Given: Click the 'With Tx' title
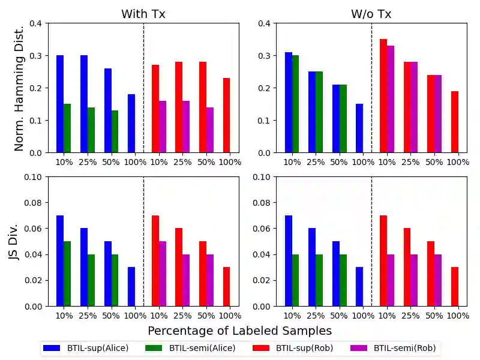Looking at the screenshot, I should click(x=143, y=14).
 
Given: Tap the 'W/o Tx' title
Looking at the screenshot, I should click(x=371, y=14).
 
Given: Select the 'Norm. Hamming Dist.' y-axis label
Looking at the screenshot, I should click(x=19, y=88).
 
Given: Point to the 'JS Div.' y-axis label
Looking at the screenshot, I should click(x=19, y=242).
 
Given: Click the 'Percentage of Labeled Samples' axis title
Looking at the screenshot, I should click(x=239, y=331).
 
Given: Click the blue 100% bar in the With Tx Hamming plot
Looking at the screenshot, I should click(x=131, y=123).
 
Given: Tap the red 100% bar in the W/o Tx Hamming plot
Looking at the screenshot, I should click(x=455, y=122).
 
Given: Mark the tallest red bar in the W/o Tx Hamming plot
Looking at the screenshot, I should click(x=383, y=96).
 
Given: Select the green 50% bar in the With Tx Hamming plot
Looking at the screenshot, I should click(x=115, y=131).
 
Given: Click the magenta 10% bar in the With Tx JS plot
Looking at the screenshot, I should click(x=163, y=274).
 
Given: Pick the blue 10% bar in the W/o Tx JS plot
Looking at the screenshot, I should click(x=289, y=260).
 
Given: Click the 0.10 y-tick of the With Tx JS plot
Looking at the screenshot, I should click(x=36, y=177).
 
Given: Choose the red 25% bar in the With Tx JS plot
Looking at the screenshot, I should click(x=179, y=267).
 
